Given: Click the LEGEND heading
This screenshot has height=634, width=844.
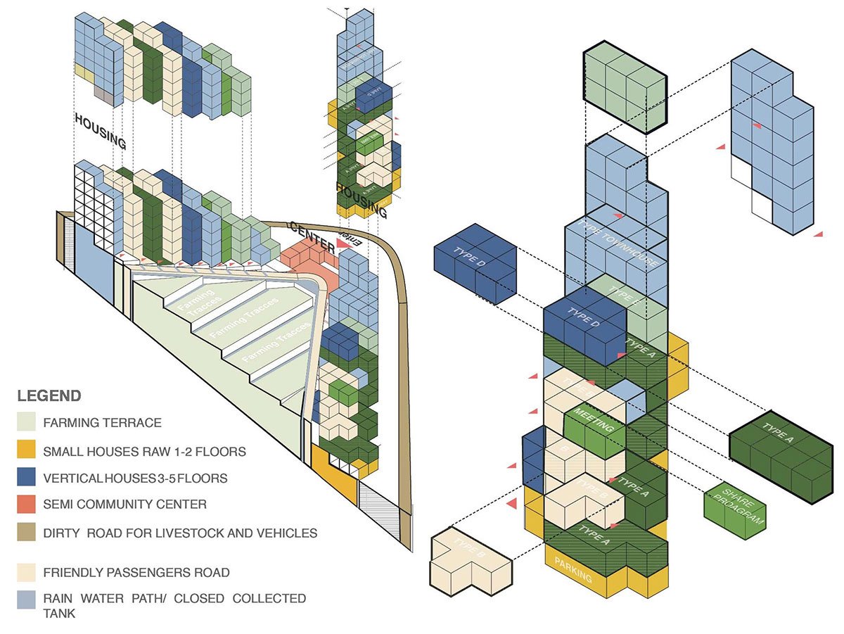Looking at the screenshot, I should tap(49, 395).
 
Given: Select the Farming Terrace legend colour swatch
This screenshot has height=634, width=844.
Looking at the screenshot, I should tap(27, 423).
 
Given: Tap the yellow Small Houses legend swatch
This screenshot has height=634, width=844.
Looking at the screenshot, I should tap(27, 450).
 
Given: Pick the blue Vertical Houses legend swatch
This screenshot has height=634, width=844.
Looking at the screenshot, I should tap(27, 478).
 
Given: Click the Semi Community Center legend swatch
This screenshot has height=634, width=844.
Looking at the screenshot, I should tap(27, 505).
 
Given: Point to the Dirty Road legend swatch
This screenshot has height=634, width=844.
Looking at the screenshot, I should tap(27, 533).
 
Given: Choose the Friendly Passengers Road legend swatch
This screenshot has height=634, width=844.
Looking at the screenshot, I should tap(27, 572).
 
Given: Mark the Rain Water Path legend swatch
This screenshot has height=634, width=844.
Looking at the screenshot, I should tap(27, 599).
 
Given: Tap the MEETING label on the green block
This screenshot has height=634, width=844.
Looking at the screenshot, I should tap(595, 419).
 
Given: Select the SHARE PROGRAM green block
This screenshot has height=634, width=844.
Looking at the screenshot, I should tap(734, 507).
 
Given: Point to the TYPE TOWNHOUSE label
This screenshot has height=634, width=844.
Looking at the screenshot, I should tap(619, 243).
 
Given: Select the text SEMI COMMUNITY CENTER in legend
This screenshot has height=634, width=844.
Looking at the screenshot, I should tap(125, 505).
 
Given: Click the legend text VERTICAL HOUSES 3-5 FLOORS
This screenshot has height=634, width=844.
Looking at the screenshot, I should tap(135, 478).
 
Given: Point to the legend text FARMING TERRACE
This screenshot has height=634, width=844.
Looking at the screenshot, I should tap(102, 423).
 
